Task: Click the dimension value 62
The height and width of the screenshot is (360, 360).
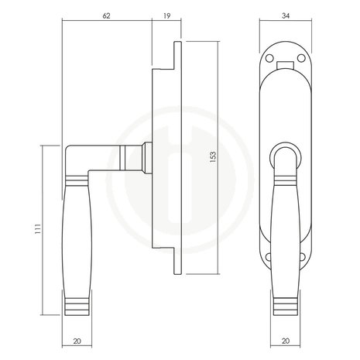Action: coord(106,16)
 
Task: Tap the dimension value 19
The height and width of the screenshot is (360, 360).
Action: coord(167,16)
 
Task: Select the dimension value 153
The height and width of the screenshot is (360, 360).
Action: coord(213,157)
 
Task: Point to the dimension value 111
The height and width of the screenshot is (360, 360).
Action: coord(38,229)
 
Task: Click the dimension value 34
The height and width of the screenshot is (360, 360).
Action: coord(286,16)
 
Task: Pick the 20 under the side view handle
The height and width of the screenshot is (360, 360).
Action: coord(77,341)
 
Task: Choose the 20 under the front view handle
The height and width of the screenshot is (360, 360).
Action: coord(286,341)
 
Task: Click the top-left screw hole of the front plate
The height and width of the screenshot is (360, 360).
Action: coord(269,58)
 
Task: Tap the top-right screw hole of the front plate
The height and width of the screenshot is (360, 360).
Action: coord(301,58)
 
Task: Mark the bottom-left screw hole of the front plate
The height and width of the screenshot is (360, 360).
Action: coord(268,257)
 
